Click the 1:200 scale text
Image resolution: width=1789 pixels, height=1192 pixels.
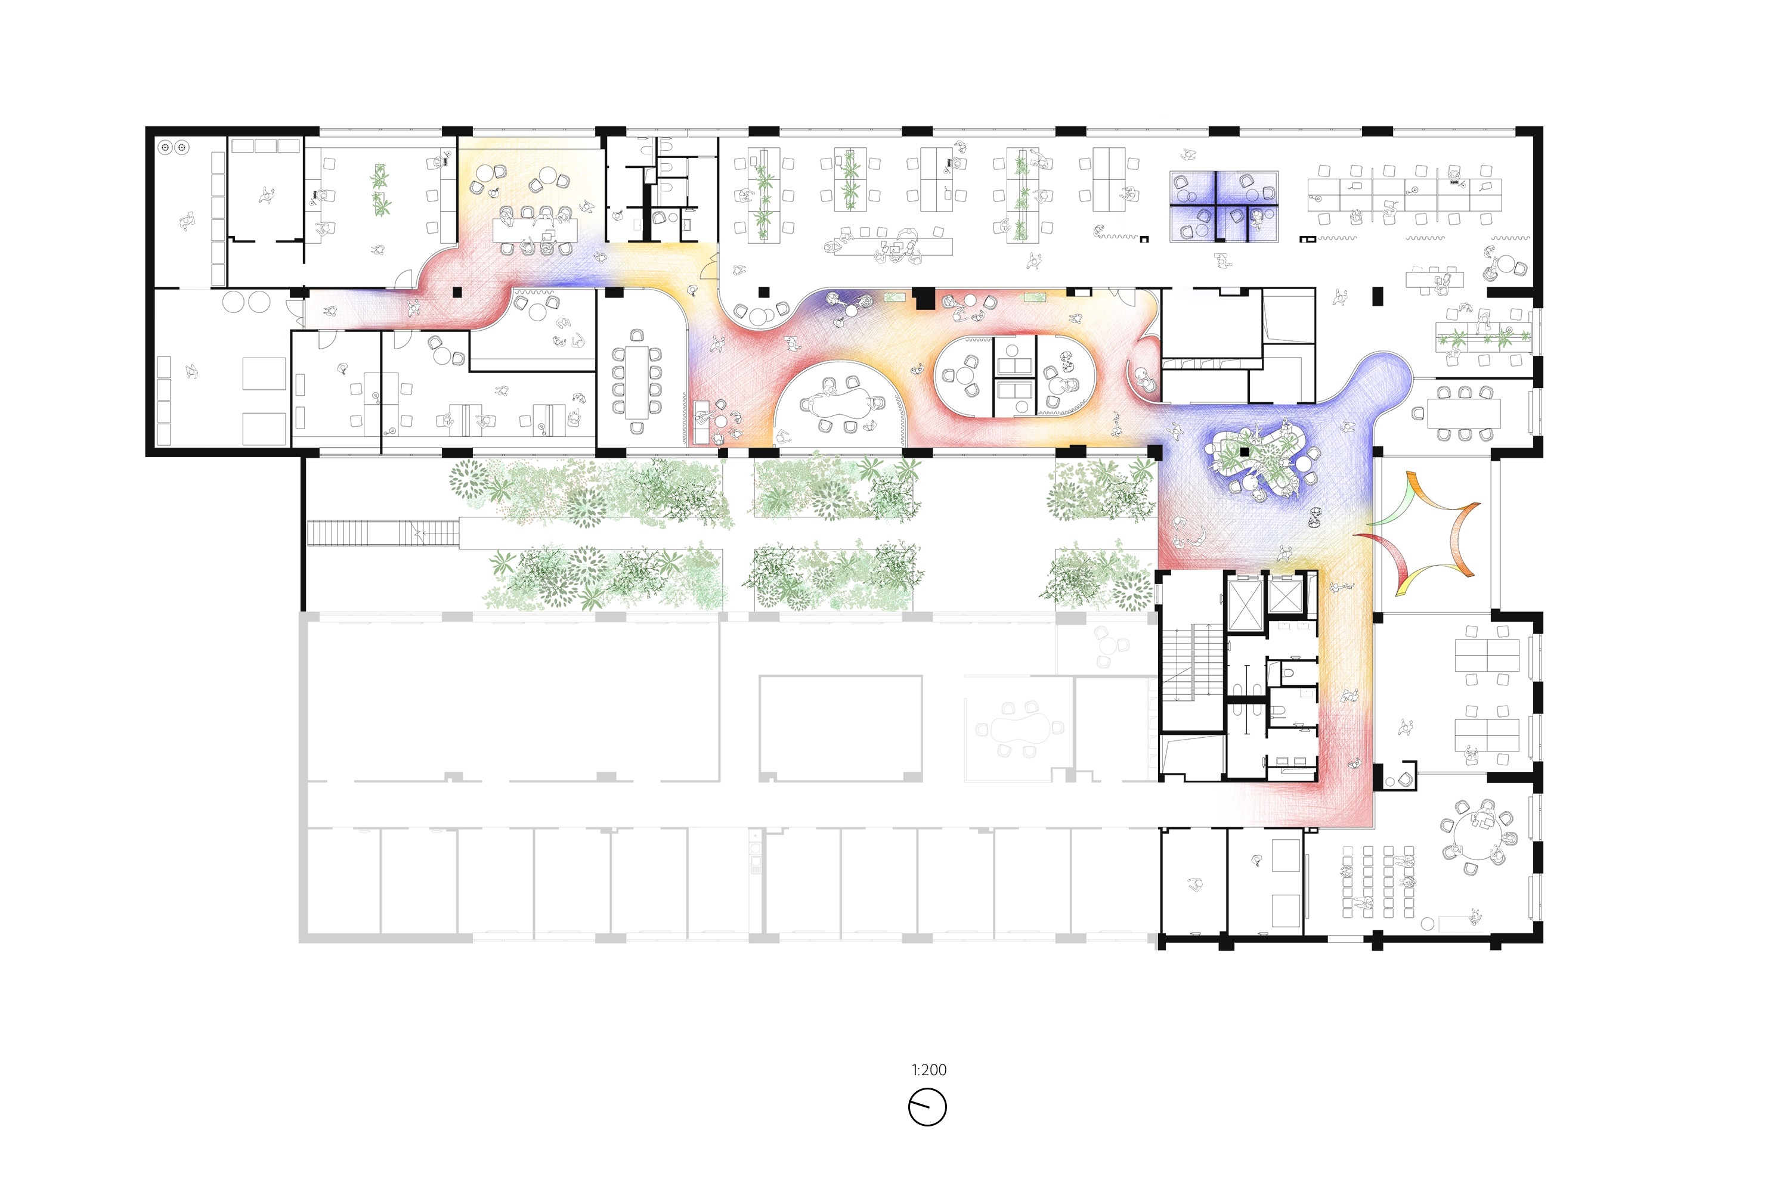click(928, 1070)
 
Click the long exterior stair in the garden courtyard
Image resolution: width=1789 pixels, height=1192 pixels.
click(383, 532)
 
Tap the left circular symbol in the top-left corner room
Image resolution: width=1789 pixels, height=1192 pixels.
click(165, 147)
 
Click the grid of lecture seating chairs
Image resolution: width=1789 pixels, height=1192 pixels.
click(1378, 882)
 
